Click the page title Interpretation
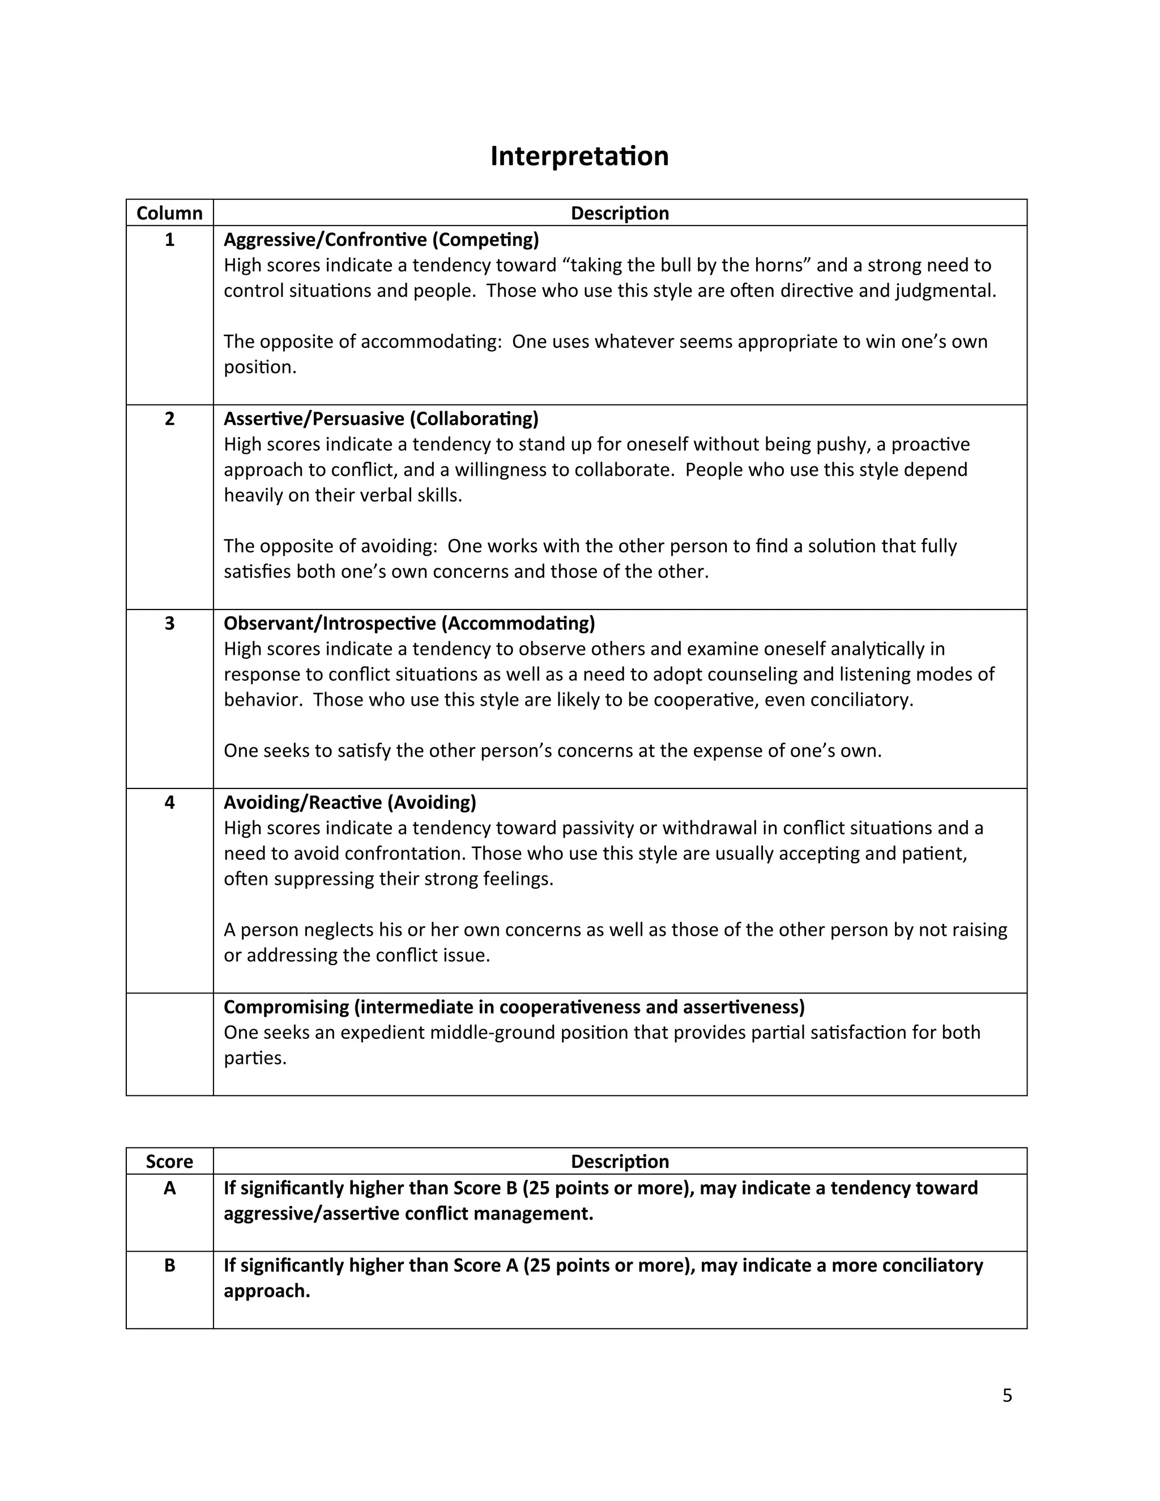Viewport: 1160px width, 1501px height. [x=579, y=156]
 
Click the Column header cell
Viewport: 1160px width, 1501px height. [x=169, y=213]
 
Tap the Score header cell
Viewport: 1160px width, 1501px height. [x=169, y=1162]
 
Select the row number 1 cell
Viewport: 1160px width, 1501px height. [x=169, y=240]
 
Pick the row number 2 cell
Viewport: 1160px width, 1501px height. [x=169, y=419]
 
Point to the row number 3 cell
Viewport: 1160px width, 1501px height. [x=169, y=624]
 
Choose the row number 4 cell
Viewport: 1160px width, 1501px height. [x=169, y=802]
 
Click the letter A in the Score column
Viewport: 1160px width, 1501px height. [x=169, y=1188]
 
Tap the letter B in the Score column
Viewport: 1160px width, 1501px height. [x=169, y=1265]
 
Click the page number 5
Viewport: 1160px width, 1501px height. [x=1007, y=1396]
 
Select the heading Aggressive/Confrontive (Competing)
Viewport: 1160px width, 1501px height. [x=381, y=240]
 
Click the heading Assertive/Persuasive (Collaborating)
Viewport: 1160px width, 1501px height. [x=381, y=419]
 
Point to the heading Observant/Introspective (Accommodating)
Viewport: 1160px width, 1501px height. [x=409, y=624]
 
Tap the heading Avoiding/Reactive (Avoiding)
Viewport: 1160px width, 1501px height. [x=350, y=802]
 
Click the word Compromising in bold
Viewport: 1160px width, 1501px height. [x=286, y=1007]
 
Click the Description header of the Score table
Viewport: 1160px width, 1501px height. [x=619, y=1162]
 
